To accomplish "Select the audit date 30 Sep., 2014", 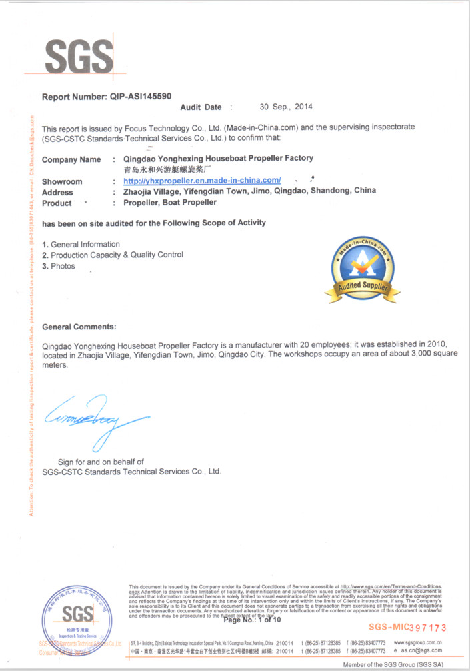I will [285, 107].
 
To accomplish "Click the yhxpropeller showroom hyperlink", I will [202, 181].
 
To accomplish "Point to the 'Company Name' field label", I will [71, 160].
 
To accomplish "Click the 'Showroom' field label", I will [62, 181].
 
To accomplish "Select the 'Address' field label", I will [57, 192].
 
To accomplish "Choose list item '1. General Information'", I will [81, 245].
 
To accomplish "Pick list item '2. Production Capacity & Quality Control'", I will [112, 255].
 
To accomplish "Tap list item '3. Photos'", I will [59, 266].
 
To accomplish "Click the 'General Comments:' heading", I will [79, 327].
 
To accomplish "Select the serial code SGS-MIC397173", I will [407, 628].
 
